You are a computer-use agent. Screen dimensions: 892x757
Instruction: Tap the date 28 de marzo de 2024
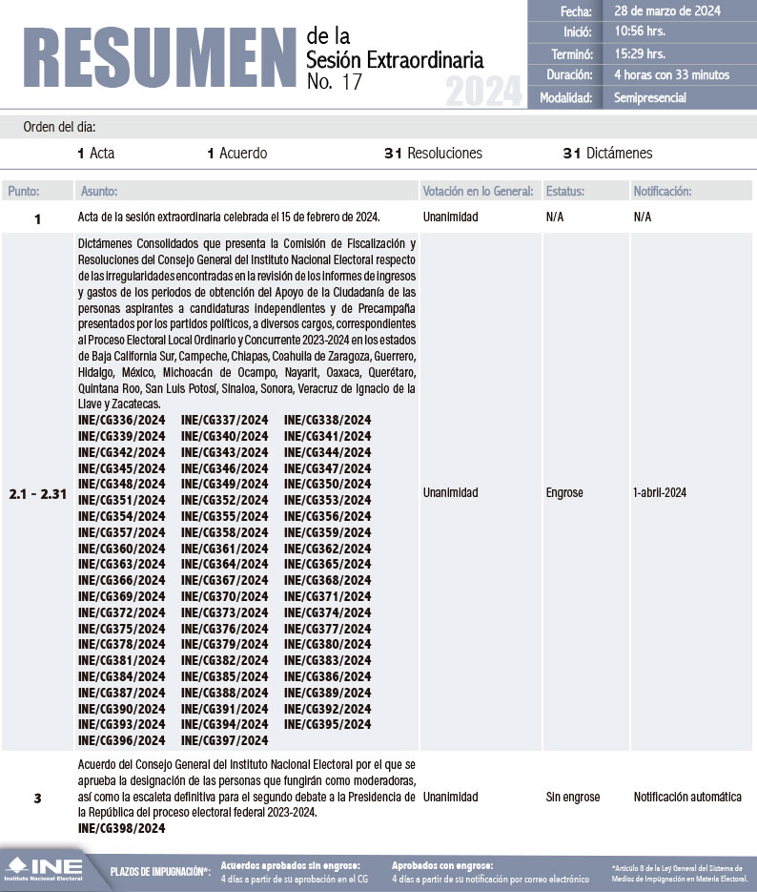click(x=667, y=11)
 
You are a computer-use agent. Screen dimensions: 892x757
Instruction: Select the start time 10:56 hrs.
click(x=641, y=32)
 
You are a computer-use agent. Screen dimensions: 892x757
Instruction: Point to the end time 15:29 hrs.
click(x=641, y=53)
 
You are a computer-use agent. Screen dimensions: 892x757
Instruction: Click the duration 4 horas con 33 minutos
click(x=671, y=74)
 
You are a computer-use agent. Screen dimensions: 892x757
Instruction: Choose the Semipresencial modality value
click(x=650, y=96)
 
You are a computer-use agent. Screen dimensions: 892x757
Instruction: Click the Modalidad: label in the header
click(x=566, y=96)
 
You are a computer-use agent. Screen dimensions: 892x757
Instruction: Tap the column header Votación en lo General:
click(x=478, y=191)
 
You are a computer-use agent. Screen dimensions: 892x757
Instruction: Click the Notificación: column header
click(x=663, y=191)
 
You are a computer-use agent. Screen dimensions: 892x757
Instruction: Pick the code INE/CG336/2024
click(x=121, y=420)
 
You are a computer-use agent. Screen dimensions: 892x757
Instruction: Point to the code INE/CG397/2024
click(x=224, y=739)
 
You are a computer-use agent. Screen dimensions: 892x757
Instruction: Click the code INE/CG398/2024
click(x=121, y=828)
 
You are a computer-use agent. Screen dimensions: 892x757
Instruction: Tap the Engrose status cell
click(x=564, y=493)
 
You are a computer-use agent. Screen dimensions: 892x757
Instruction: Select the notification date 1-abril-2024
click(x=659, y=493)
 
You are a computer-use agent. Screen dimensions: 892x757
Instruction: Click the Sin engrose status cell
click(x=573, y=797)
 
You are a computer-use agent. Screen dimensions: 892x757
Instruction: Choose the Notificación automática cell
click(x=687, y=797)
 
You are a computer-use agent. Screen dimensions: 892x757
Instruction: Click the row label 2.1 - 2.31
click(x=38, y=493)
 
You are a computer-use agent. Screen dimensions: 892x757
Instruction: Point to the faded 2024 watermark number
click(x=484, y=93)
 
